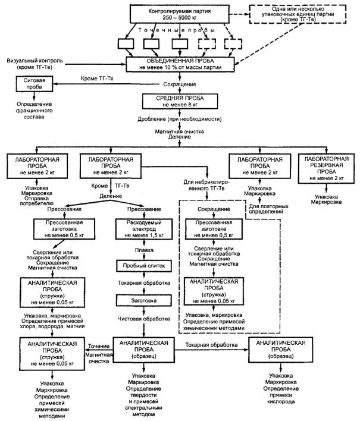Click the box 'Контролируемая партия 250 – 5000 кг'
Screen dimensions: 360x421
(x=180, y=14)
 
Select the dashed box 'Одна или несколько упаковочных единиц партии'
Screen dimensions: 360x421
(x=298, y=14)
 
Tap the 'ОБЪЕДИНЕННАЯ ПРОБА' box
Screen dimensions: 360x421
(x=180, y=64)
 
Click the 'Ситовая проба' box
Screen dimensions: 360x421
(x=34, y=83)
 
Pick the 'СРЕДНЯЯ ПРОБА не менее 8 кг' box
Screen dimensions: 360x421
(x=180, y=101)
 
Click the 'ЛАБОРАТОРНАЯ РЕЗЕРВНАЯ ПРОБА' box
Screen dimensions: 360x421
(x=326, y=169)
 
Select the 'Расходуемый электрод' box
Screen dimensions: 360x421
(x=144, y=229)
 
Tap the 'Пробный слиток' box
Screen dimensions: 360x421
(x=144, y=266)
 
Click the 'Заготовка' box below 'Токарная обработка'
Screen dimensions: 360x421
(x=144, y=300)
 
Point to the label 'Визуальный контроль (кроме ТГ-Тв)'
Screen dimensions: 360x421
(x=35, y=64)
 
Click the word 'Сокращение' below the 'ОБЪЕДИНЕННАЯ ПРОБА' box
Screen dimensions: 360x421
(x=180, y=84)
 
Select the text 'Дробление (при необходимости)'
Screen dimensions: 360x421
(x=180, y=119)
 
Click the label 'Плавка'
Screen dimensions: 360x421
(x=144, y=250)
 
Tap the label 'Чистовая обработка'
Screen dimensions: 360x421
(x=144, y=319)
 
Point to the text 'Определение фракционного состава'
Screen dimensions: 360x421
(x=34, y=111)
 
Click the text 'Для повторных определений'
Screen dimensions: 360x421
(x=268, y=209)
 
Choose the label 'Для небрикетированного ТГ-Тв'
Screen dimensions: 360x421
(x=206, y=185)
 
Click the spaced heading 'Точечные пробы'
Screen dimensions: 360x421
(x=177, y=30)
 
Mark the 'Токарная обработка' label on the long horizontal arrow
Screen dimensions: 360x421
(x=211, y=345)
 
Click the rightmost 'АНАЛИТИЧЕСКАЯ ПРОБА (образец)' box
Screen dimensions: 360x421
(x=281, y=349)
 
